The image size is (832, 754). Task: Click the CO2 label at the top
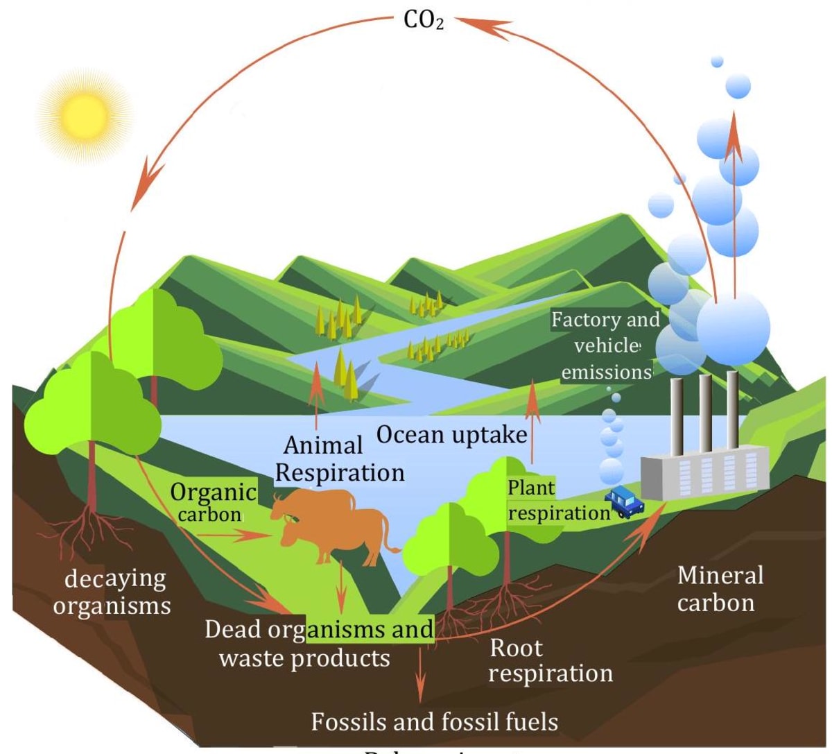[423, 20]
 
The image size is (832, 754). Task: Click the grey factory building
[704, 472]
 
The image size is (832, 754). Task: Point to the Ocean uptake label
[451, 435]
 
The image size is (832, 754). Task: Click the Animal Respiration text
[340, 459]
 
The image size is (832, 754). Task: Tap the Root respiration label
[550, 660]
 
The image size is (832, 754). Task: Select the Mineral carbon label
[719, 588]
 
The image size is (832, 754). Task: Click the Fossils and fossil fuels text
[434, 722]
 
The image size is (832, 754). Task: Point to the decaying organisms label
[112, 592]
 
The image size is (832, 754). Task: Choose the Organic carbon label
[212, 502]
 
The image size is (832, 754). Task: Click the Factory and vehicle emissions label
[605, 345]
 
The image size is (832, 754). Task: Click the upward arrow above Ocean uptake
[532, 420]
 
